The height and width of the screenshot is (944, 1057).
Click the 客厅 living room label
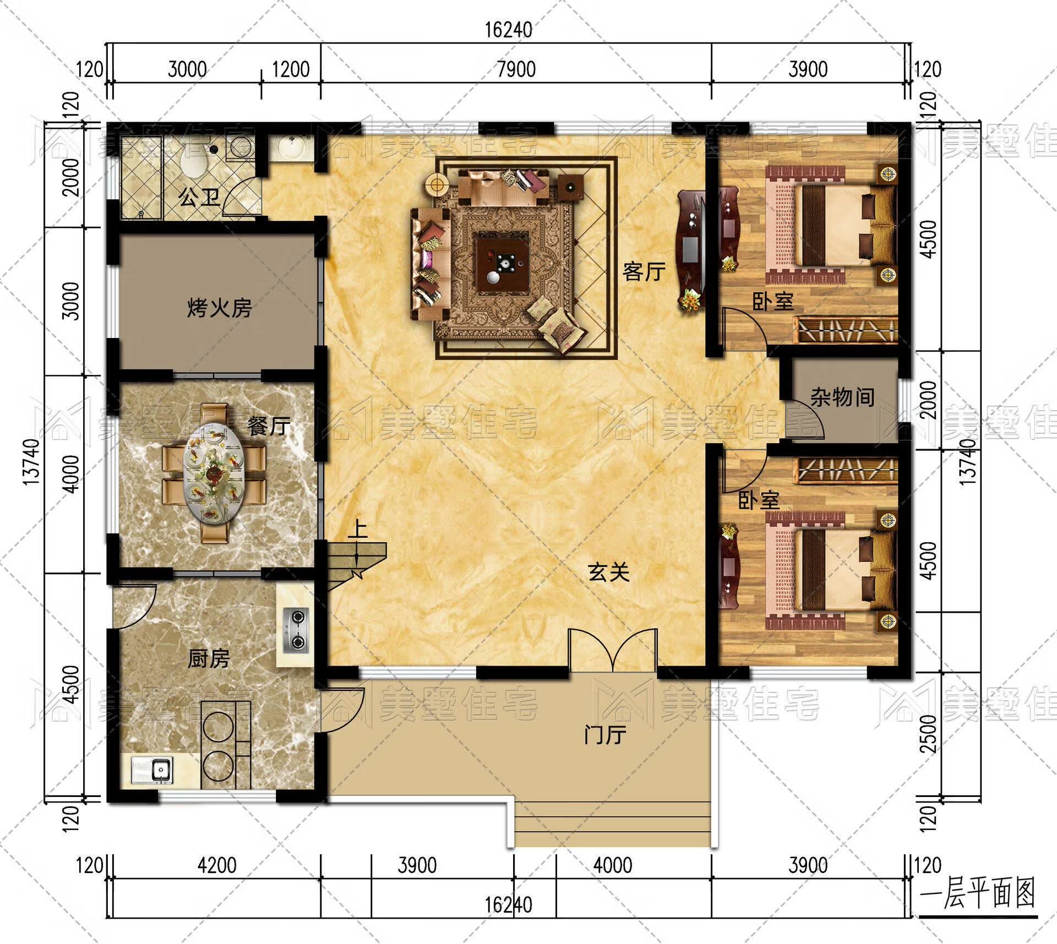pos(644,271)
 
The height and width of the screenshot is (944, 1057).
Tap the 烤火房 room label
pos(220,308)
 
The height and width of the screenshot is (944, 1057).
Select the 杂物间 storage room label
pos(842,396)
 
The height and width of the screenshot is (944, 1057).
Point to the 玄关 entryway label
pos(608,572)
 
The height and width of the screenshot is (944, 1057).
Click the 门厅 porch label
pos(605,735)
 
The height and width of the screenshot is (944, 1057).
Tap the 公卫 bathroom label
pos(199,197)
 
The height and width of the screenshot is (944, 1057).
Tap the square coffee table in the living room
pos(503,261)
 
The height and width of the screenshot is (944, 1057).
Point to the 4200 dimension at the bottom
pos(217,865)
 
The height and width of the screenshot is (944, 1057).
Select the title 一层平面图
pos(978,908)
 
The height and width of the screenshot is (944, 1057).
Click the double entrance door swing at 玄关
pos(612,650)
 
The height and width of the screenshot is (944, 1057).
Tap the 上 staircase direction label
pos(358,530)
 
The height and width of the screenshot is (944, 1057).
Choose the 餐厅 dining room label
pos(268,425)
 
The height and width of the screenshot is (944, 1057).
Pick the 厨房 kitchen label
pos(208,658)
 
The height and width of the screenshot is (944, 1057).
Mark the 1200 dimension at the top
pos(291,69)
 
